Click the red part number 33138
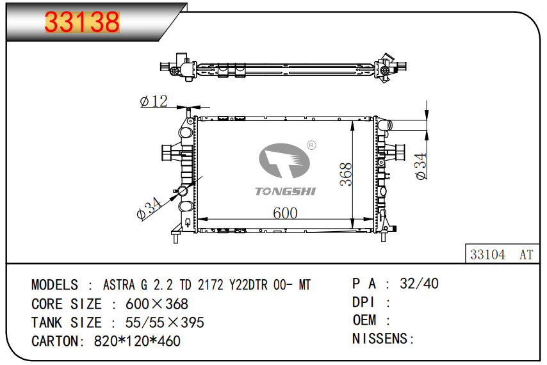coord(83,22)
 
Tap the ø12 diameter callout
coord(154,101)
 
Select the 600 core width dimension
coord(285,213)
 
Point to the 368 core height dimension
coord(346,174)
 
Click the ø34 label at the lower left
coord(149,209)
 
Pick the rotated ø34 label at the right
coord(421,166)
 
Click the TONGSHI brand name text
coord(286,191)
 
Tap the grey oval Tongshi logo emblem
coord(284,161)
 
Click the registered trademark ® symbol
coord(311,145)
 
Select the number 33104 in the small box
coord(487,254)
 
